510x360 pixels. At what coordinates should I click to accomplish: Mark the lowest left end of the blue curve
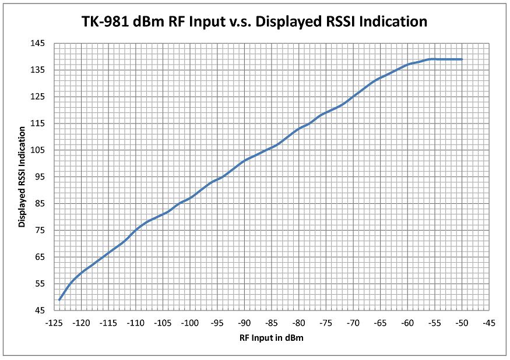[59, 299]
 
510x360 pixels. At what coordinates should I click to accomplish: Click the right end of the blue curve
[462, 59]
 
